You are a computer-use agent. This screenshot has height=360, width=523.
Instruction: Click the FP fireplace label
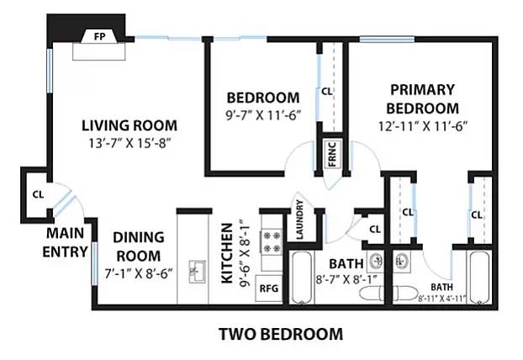(x=99, y=37)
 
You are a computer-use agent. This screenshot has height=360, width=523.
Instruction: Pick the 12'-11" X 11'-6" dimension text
(x=423, y=126)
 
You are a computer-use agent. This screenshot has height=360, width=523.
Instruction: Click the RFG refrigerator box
(x=269, y=288)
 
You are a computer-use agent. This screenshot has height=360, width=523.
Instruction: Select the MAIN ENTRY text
(x=66, y=241)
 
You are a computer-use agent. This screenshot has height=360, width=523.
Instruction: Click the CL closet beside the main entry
(x=38, y=193)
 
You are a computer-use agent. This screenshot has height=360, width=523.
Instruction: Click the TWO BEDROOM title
(x=281, y=334)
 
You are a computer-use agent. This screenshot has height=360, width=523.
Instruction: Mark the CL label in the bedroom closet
(x=326, y=90)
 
